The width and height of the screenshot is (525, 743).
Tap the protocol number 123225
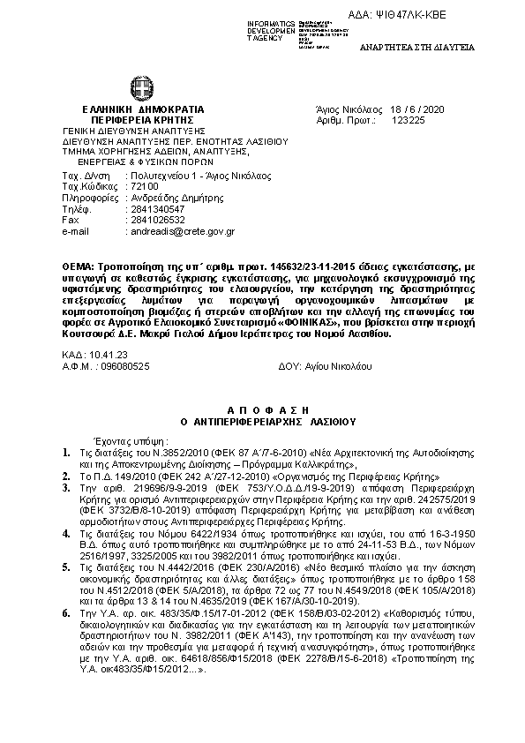click(x=422, y=116)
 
